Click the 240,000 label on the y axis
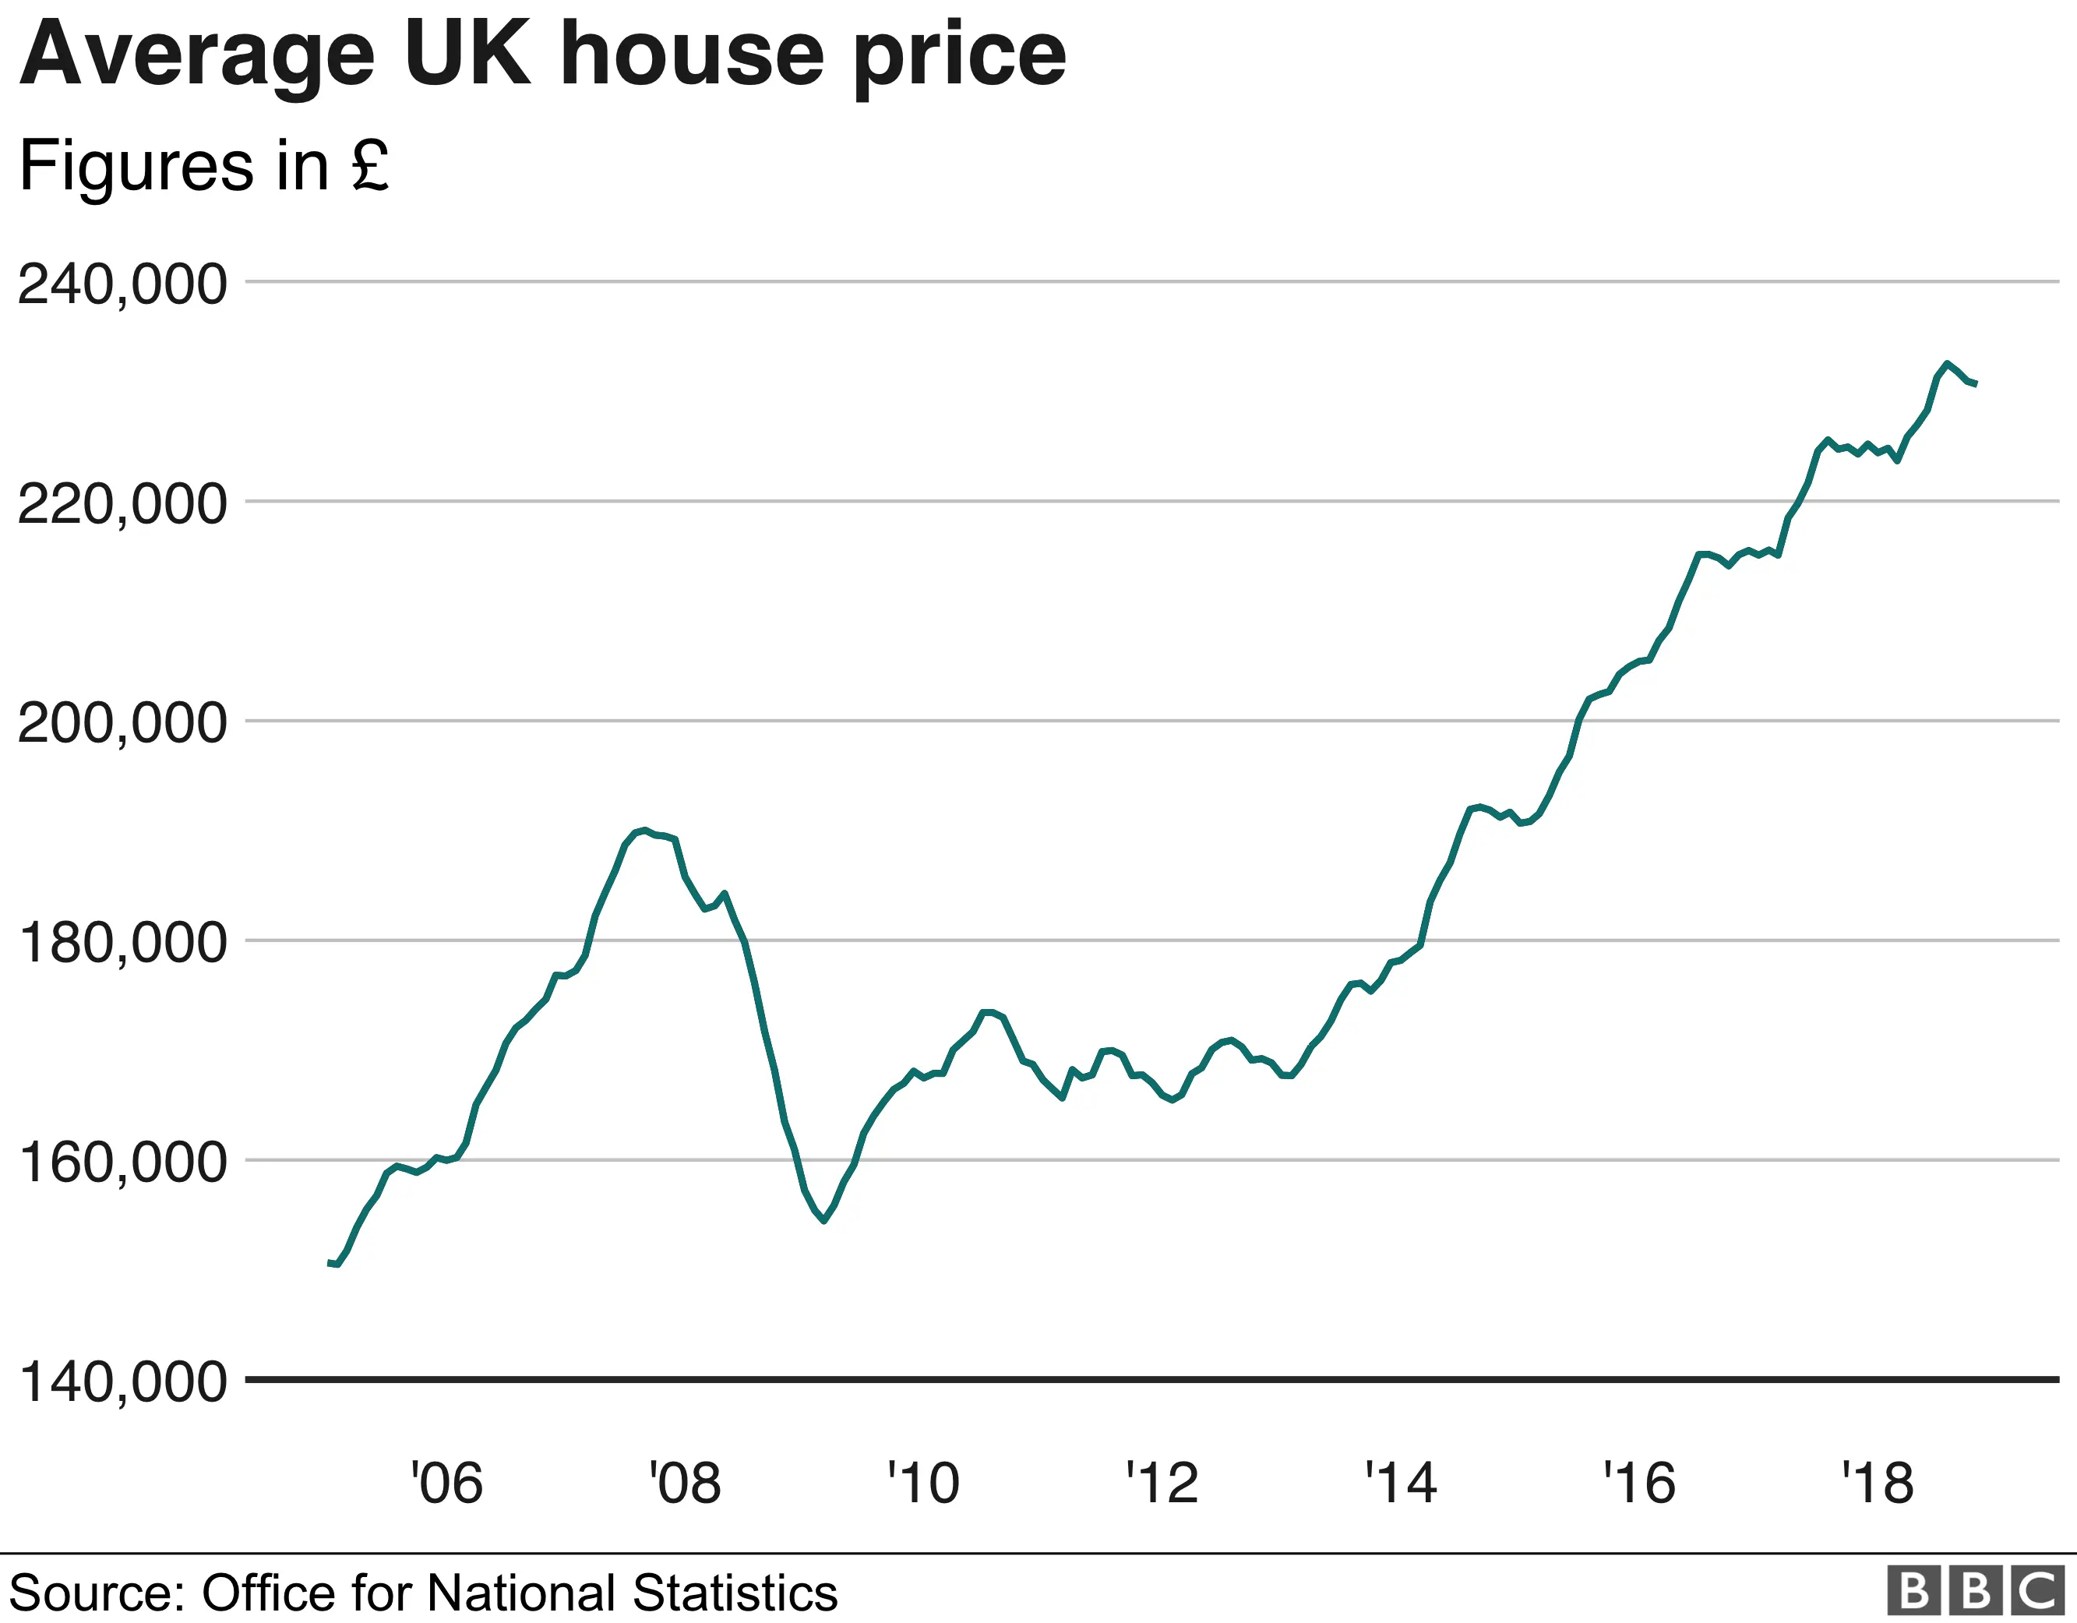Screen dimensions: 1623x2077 point(122,284)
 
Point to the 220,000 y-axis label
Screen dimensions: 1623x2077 point(122,504)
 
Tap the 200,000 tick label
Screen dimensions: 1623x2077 point(122,723)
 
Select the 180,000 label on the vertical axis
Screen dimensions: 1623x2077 point(122,943)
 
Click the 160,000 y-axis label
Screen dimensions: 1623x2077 point(122,1163)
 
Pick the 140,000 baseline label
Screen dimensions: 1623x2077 point(122,1381)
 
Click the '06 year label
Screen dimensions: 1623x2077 point(446,1484)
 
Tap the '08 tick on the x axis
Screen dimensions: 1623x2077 point(685,1484)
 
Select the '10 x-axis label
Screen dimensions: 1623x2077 point(923,1484)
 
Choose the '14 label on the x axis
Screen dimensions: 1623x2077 point(1400,1484)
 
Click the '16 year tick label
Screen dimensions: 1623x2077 point(1638,1484)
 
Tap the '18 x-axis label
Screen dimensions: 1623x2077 point(1878,1484)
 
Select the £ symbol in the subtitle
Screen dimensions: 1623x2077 point(370,165)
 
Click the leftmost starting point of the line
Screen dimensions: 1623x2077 point(329,1262)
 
